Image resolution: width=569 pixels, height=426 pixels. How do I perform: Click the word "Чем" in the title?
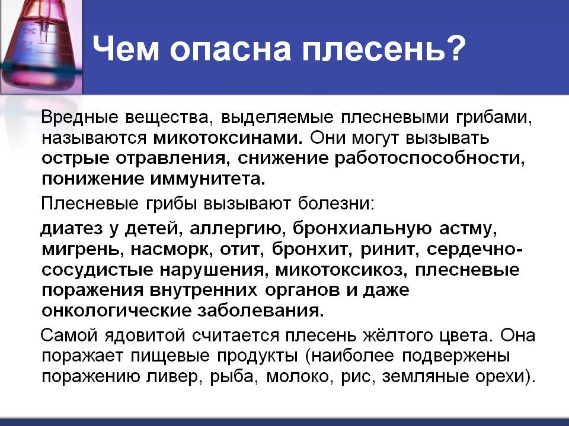coord(126,49)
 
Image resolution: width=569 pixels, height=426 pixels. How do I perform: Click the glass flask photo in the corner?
coord(41,47)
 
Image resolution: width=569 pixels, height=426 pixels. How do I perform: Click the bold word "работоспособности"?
coord(429,159)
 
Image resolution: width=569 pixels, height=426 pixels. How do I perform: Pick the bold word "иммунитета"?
coord(207,179)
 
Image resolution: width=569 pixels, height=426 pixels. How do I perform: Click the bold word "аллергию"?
coord(236,229)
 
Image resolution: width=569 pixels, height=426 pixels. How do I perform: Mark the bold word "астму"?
coord(468,229)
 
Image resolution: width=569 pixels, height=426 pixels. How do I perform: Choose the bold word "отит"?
coord(241,249)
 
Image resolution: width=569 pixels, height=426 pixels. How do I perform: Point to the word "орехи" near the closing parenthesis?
coord(503,377)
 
